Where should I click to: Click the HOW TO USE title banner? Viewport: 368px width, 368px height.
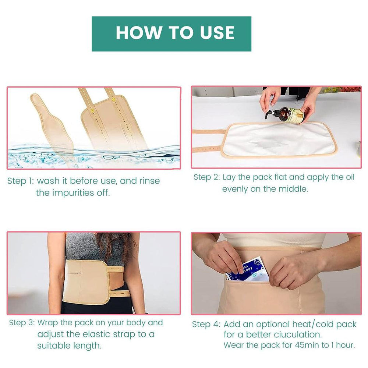click(171, 33)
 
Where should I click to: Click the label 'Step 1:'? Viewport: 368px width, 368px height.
click(20, 181)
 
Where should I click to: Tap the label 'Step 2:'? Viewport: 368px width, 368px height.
click(206, 177)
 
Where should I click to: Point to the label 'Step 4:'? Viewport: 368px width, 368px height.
click(205, 324)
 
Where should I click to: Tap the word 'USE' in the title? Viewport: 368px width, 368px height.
click(217, 33)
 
